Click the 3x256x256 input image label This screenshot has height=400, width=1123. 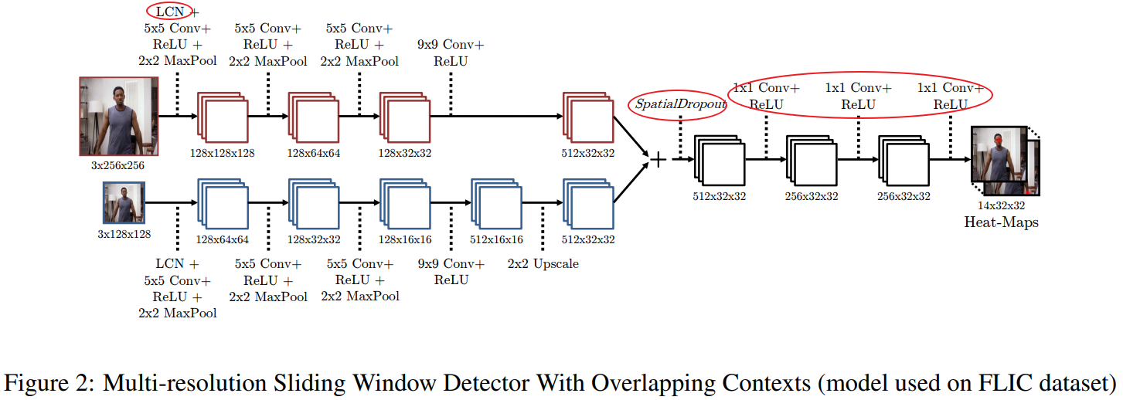point(117,164)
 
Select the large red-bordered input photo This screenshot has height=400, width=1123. point(118,117)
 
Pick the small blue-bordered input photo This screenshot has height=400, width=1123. point(124,203)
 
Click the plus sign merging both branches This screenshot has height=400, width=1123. point(658,160)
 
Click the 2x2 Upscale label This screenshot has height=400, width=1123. point(543,264)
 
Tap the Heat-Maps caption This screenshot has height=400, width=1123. point(1001,222)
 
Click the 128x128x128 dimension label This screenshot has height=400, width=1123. point(222,152)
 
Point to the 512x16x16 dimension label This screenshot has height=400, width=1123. point(496,239)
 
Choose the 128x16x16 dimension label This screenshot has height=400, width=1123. point(405,239)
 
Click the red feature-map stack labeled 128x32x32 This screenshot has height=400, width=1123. point(404,117)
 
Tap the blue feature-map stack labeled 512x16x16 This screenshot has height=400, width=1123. point(496,203)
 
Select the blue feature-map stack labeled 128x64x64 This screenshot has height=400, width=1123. point(222,203)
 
